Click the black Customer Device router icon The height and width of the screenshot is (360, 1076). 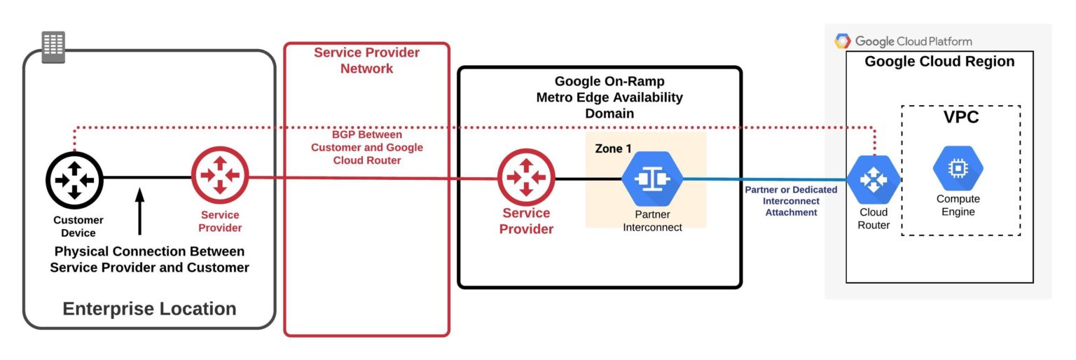[74, 179]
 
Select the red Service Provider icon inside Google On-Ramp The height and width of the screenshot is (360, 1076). [526, 177]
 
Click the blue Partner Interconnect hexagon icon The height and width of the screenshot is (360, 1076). [652, 179]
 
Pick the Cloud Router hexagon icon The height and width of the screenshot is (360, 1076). [874, 180]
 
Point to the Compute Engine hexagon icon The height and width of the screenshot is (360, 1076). [958, 168]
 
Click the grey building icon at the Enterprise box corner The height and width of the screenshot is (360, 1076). [53, 47]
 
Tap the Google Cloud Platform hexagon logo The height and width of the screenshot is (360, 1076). [843, 41]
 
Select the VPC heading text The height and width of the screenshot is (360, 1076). [961, 118]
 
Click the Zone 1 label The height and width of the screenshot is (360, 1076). [612, 148]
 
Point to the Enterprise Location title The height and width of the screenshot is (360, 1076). [149, 309]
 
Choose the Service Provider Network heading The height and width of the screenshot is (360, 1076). [366, 60]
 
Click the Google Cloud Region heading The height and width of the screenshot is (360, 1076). [939, 62]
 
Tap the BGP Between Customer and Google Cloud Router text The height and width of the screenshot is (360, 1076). [367, 147]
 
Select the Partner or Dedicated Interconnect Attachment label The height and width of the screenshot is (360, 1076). [791, 201]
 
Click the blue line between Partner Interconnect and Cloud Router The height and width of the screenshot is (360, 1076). [764, 179]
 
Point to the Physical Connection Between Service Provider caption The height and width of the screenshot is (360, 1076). [149, 259]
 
